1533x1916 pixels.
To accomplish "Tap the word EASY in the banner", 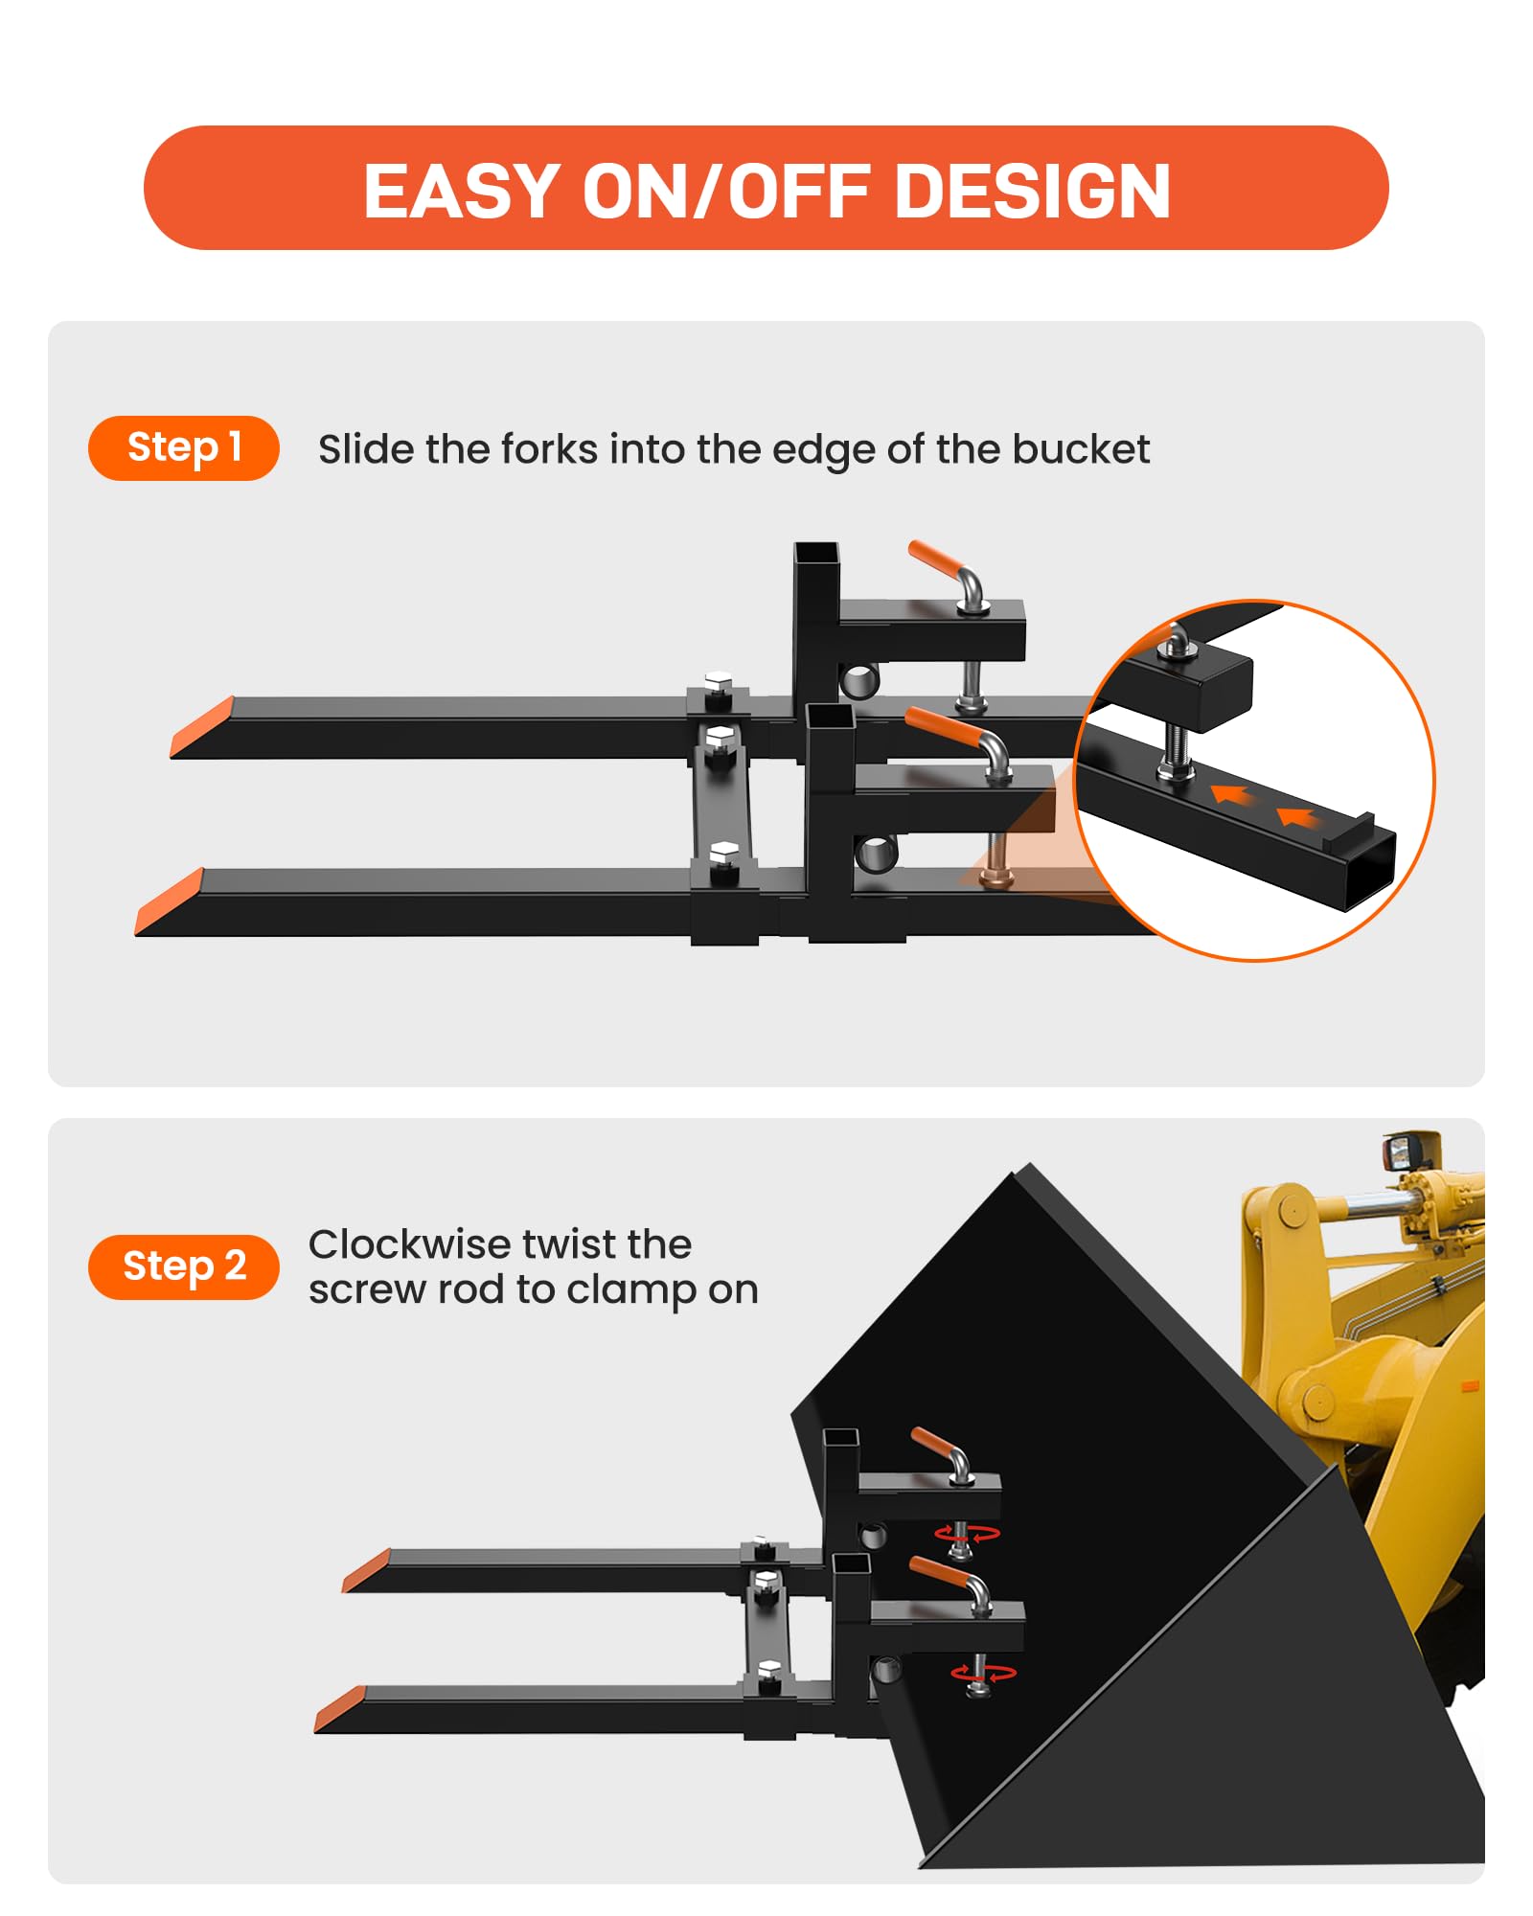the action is [x=462, y=191].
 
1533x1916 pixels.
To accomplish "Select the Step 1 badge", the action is [x=184, y=447].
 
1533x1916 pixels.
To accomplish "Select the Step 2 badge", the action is [x=184, y=1266].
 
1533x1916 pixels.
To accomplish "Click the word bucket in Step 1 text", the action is [x=1081, y=449].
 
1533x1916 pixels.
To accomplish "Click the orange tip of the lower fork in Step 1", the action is [x=169, y=901].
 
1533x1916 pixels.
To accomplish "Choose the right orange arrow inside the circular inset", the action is [x=1297, y=817].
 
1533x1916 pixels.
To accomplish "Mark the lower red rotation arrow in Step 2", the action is [x=984, y=1674].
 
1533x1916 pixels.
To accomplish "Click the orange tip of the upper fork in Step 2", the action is [x=367, y=1570].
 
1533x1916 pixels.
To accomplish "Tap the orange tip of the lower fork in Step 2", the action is [x=340, y=1709].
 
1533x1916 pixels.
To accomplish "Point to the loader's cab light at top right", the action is [x=1408, y=1150].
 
